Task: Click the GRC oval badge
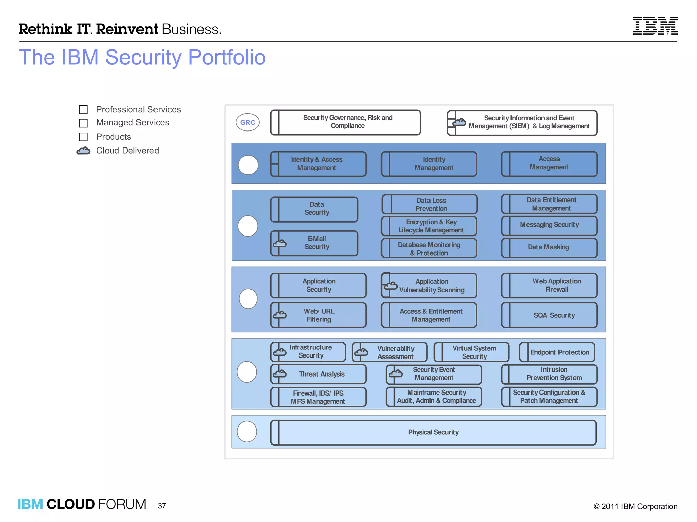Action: point(247,122)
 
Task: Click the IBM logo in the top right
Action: point(655,26)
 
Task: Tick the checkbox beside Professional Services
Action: point(83,109)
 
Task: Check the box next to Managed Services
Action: point(83,123)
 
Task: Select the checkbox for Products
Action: point(83,137)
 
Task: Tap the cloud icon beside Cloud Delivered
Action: point(83,151)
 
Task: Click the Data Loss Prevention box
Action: point(429,204)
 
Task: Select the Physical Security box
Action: point(433,432)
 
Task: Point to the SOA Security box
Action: point(549,315)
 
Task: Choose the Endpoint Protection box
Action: point(557,352)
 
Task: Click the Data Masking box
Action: point(549,247)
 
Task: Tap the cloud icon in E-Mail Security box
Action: point(280,243)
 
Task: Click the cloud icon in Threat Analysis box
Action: point(280,374)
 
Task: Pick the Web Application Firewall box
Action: point(549,285)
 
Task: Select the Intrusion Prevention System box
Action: point(549,374)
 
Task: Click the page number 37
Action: point(162,506)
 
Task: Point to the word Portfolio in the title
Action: point(227,57)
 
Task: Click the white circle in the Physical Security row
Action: point(247,432)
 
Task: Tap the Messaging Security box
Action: point(549,225)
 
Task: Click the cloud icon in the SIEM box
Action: point(459,122)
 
